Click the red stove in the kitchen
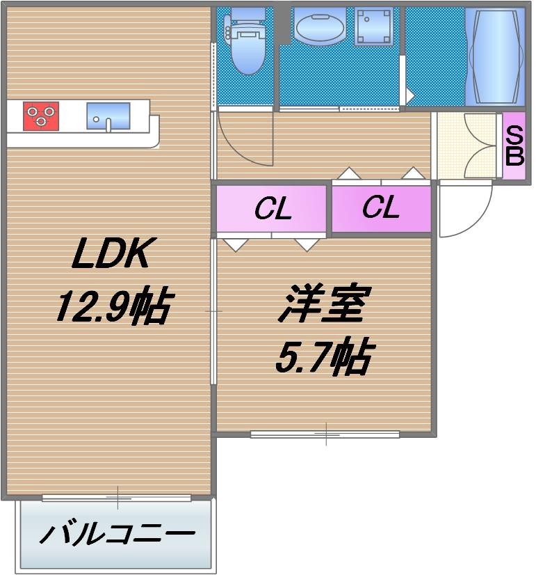click(x=41, y=116)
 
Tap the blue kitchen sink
click(x=108, y=116)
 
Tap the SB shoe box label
click(x=514, y=145)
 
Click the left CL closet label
click(x=272, y=209)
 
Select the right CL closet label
click(x=380, y=207)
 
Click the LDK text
click(x=111, y=256)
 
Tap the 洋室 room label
click(x=321, y=305)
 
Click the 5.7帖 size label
click(x=321, y=356)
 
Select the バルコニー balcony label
click(x=117, y=535)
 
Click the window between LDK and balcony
click(x=117, y=498)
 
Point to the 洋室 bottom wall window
click(x=325, y=435)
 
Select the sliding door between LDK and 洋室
click(x=213, y=310)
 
